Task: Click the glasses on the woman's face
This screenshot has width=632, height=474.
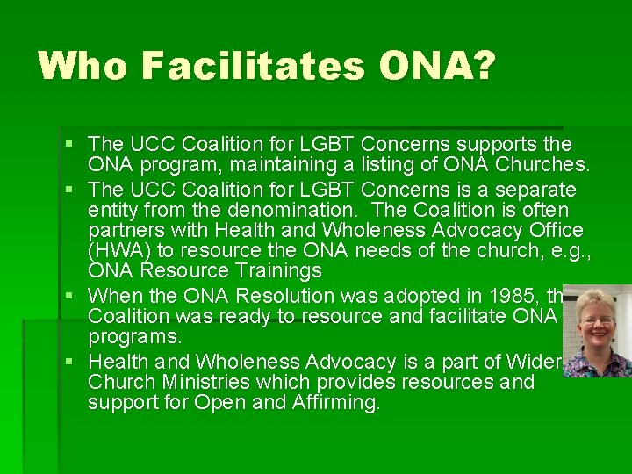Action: pos(598,320)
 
